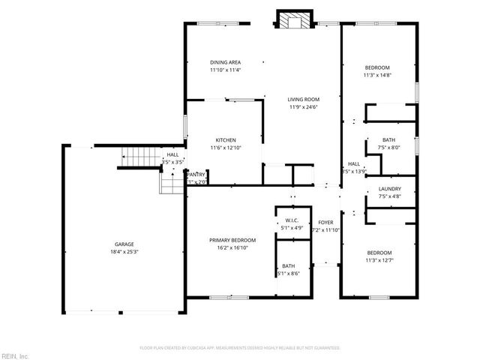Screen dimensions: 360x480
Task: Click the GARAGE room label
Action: click(124, 244)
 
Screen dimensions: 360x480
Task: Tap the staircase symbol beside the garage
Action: click(138, 157)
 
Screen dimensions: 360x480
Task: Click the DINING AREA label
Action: click(224, 62)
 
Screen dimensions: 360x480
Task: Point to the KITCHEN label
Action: click(226, 140)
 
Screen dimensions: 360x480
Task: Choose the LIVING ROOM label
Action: click(304, 99)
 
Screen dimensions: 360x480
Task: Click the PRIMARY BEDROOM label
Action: click(228, 240)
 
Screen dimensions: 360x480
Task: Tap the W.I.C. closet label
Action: click(292, 220)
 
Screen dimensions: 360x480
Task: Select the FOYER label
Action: click(325, 223)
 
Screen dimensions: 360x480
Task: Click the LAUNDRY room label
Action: click(389, 189)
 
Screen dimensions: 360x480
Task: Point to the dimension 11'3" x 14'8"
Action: click(377, 76)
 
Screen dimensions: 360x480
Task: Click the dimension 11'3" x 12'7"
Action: click(378, 260)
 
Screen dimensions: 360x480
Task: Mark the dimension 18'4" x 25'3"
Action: click(124, 252)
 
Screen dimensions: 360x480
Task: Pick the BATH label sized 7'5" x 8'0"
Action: click(388, 139)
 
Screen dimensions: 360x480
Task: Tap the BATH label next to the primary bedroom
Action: click(289, 266)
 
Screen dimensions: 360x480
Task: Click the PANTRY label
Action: click(196, 174)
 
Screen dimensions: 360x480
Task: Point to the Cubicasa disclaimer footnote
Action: click(240, 348)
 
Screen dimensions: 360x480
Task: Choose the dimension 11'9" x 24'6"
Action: click(304, 107)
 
